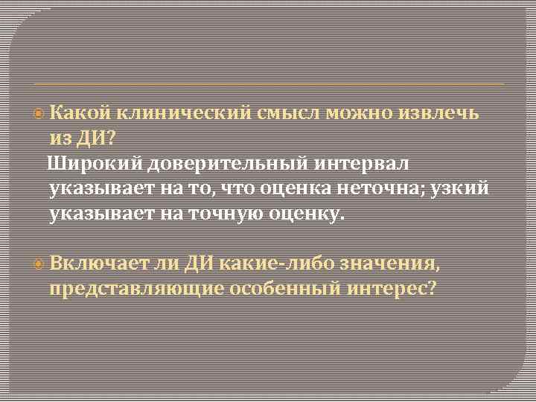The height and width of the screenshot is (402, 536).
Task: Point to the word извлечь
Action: pyautogui.click(x=445, y=113)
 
